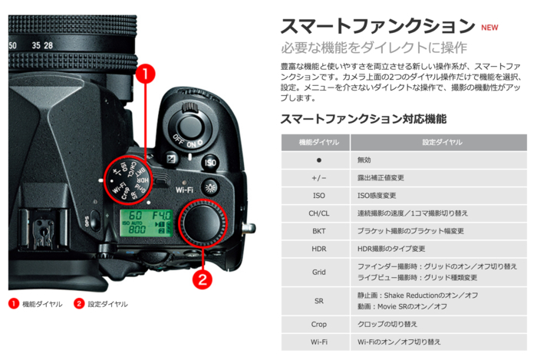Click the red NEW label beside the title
(489, 27)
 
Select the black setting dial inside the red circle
(204, 222)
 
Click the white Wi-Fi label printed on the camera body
(184, 188)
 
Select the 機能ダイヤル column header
(315, 143)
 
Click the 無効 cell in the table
(366, 160)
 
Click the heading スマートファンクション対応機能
(363, 119)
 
